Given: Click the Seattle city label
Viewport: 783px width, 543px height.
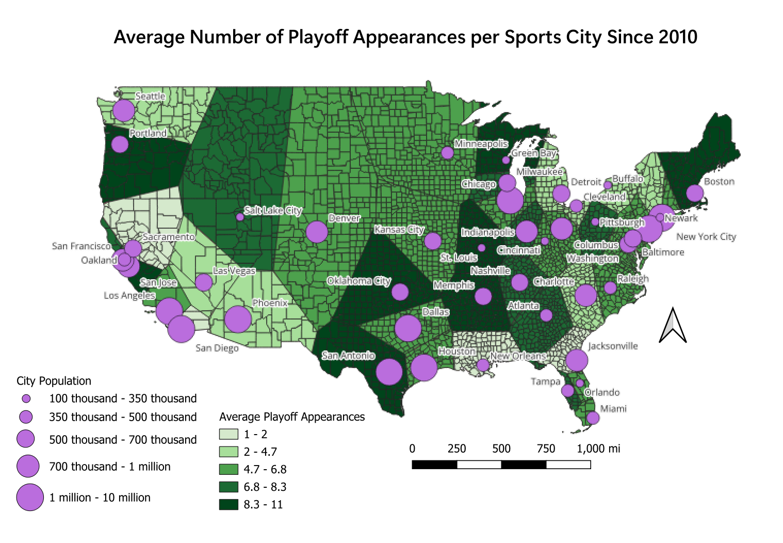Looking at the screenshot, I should point(150,96).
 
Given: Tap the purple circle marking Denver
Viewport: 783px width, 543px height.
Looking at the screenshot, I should point(317,232).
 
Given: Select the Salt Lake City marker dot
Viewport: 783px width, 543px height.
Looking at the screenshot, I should point(240,217).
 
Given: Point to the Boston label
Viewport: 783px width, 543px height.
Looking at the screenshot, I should point(719,181).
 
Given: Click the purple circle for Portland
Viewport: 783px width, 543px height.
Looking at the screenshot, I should point(120,144).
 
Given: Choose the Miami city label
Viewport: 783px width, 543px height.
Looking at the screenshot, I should point(613,408).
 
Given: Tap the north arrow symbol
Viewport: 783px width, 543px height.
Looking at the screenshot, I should point(673,325).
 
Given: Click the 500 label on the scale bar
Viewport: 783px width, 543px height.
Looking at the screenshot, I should point(501,448).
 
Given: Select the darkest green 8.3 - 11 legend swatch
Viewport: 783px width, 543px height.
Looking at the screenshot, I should point(229,504).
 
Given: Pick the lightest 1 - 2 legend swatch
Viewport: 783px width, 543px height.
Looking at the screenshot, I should point(229,434).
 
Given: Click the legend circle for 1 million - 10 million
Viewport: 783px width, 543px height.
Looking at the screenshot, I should point(30,497).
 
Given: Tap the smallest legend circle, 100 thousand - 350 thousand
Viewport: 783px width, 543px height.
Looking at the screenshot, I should point(26,398).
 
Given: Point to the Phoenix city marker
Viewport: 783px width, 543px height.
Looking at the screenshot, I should point(238,319).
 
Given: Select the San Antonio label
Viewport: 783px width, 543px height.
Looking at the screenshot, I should point(348,355).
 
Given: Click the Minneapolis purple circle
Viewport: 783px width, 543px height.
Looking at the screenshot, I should point(447,153).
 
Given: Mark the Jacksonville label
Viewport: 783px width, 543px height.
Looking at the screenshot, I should point(613,346).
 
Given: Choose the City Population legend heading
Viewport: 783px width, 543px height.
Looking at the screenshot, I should point(54,381).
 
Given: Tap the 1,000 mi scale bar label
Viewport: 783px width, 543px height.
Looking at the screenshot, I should point(598,448).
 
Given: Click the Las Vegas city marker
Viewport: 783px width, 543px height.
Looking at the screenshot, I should point(204,282).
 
